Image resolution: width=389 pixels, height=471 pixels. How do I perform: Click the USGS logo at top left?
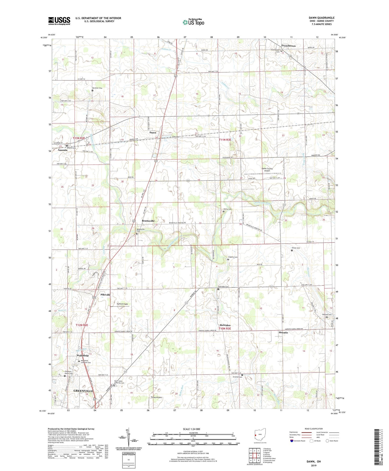[x=59, y=21]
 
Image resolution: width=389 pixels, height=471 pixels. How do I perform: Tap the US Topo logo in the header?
[x=193, y=22]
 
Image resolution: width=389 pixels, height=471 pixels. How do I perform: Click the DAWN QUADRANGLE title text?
[x=321, y=18]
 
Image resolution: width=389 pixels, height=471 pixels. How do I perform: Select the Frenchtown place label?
[x=288, y=46]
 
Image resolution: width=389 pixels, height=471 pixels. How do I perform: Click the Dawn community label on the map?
[x=153, y=133]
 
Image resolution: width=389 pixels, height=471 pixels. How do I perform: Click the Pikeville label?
[x=106, y=295]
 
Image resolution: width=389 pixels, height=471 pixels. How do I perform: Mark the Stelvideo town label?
[x=225, y=325]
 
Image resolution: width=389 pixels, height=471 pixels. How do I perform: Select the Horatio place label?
[x=283, y=333]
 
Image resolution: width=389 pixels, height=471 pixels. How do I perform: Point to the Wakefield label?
[x=81, y=356]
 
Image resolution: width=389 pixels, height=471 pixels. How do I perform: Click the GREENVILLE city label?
[x=83, y=391]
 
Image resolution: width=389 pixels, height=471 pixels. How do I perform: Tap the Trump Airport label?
[x=156, y=397]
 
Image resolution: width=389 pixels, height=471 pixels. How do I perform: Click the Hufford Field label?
[x=122, y=304]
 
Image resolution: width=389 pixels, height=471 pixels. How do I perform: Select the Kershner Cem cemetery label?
[x=97, y=88]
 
